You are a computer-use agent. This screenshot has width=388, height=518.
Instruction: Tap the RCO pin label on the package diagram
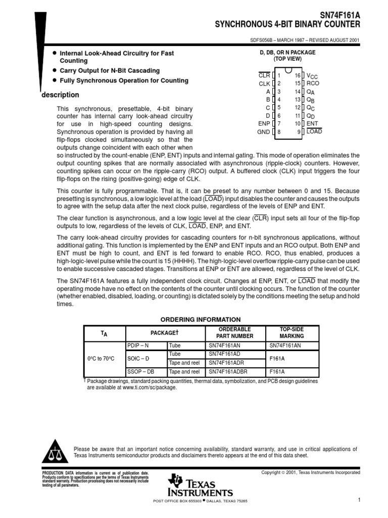click(313, 83)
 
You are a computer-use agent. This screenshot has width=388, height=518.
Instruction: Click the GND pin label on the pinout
click(263, 132)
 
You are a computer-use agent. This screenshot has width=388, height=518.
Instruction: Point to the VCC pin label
click(314, 75)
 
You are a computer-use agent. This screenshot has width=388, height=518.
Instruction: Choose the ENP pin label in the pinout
click(264, 123)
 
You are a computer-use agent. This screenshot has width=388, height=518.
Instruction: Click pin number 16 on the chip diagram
click(298, 75)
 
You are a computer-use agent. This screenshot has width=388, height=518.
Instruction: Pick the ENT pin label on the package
click(313, 123)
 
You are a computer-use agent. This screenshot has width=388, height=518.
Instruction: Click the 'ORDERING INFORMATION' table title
click(201, 320)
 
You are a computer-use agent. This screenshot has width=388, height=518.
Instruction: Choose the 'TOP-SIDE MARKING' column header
click(292, 332)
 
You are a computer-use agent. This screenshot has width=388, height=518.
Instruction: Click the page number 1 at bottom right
click(358, 501)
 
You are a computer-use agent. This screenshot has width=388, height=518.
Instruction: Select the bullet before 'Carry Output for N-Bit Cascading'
click(54, 71)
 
